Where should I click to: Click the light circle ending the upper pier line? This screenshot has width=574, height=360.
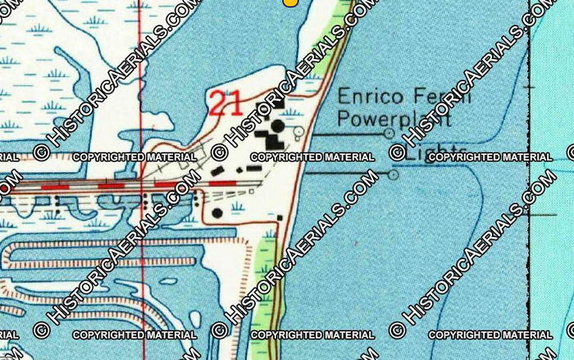[389, 133]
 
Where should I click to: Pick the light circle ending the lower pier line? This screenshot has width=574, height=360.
[394, 174]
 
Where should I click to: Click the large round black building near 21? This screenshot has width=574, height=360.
[278, 126]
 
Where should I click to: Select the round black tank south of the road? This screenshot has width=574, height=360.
[217, 213]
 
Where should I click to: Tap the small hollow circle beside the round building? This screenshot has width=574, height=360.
[298, 131]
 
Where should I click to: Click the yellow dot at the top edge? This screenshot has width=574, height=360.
[289, 2]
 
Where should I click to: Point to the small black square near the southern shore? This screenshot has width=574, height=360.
[279, 217]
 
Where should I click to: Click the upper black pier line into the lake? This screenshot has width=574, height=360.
[344, 133]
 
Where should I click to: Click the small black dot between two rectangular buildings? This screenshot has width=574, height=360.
[239, 170]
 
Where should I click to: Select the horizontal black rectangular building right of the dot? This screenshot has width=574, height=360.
[253, 168]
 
